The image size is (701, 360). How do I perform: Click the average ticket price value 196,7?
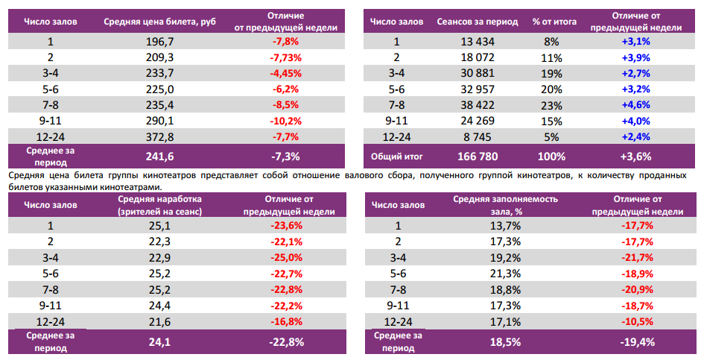point(160,42)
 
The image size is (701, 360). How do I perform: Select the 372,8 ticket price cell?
point(160,136)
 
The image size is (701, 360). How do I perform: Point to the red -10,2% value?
point(286,120)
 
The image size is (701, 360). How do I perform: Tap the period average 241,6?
point(160,157)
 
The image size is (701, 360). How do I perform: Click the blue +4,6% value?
point(635,104)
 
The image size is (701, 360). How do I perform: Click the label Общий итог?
point(397,157)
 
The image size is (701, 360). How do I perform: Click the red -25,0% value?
point(286,257)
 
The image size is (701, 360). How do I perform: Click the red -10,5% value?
point(635,320)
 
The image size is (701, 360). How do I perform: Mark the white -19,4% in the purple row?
point(635,343)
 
